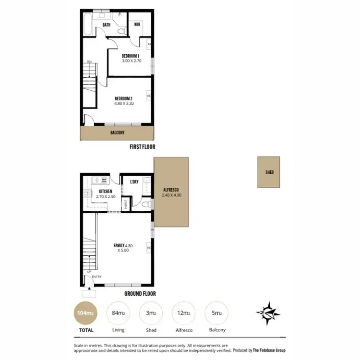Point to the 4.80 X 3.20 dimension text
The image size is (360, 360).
[x=124, y=103]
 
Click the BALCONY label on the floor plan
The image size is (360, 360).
[x=118, y=133]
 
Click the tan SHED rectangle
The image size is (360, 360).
[x=269, y=172]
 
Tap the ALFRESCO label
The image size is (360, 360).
[x=171, y=190]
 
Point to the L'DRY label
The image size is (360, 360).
[x=134, y=181]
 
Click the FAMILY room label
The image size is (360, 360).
[x=119, y=246]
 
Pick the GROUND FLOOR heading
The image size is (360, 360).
[x=141, y=294]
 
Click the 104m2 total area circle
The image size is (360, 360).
[x=84, y=313]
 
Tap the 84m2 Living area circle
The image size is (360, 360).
[x=118, y=313]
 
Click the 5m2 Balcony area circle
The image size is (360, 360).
[x=216, y=313]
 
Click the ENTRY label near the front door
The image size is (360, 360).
[x=96, y=276]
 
